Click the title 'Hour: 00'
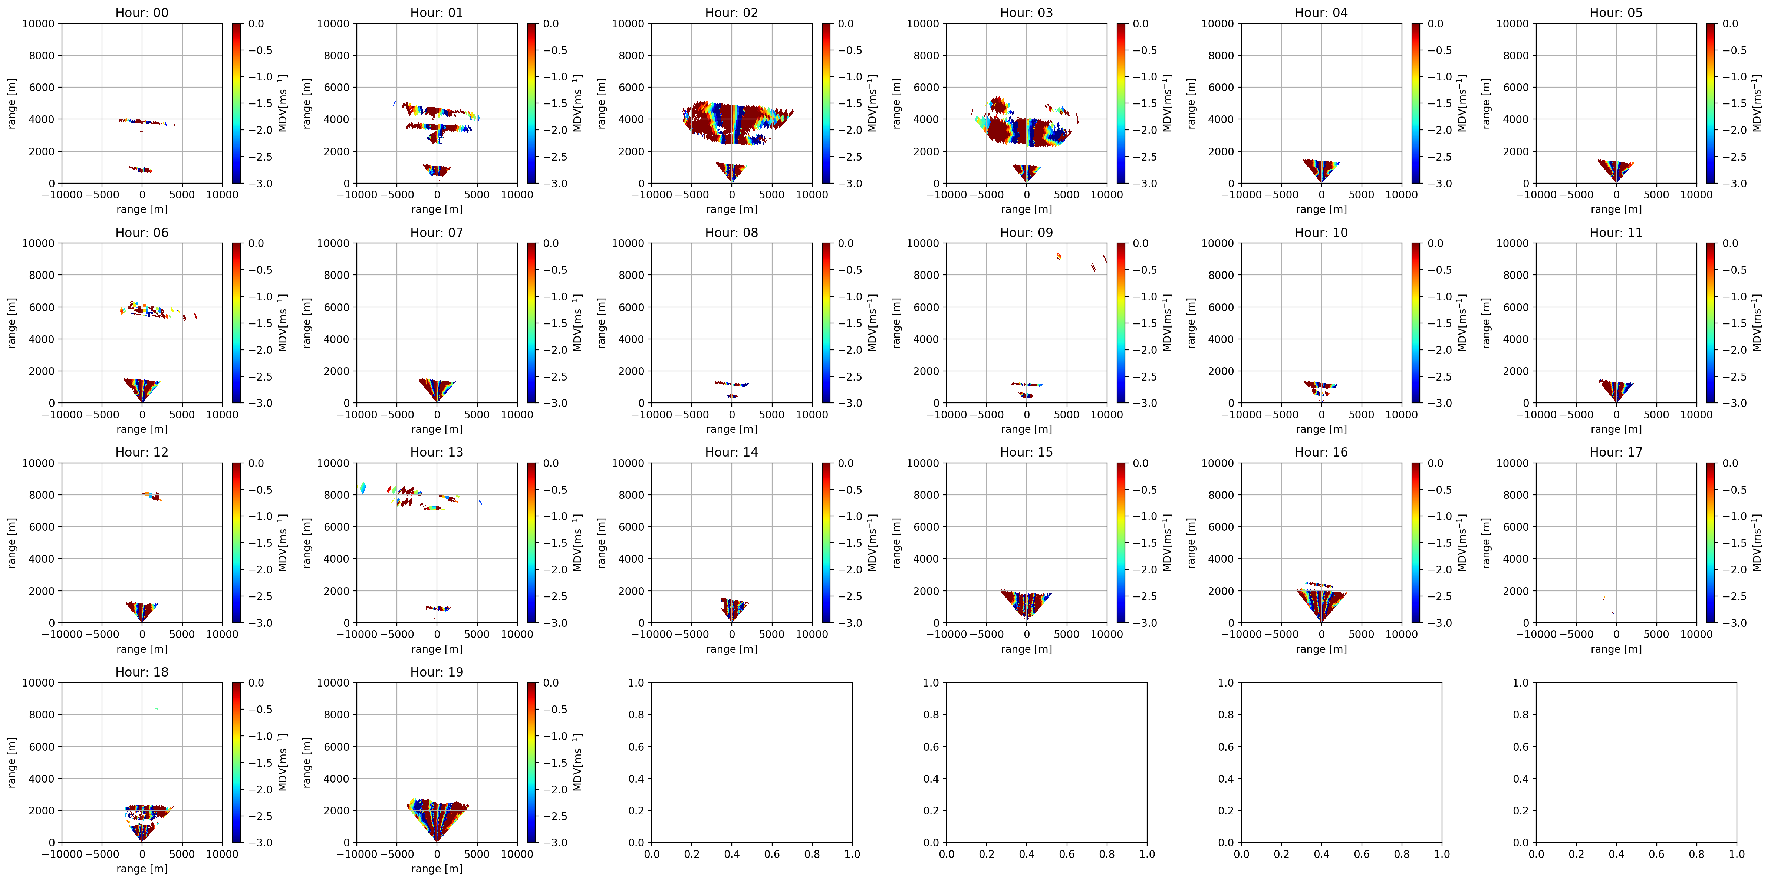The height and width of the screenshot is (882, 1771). (x=142, y=12)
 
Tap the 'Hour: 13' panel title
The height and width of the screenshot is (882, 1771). (x=437, y=452)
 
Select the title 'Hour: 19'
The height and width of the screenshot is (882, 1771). (x=437, y=672)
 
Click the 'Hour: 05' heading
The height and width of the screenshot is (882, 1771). (x=1616, y=12)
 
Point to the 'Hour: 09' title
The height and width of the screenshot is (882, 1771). (x=1026, y=232)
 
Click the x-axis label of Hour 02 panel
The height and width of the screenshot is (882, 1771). (x=731, y=209)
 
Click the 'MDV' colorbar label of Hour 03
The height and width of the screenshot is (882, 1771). (x=1167, y=103)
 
